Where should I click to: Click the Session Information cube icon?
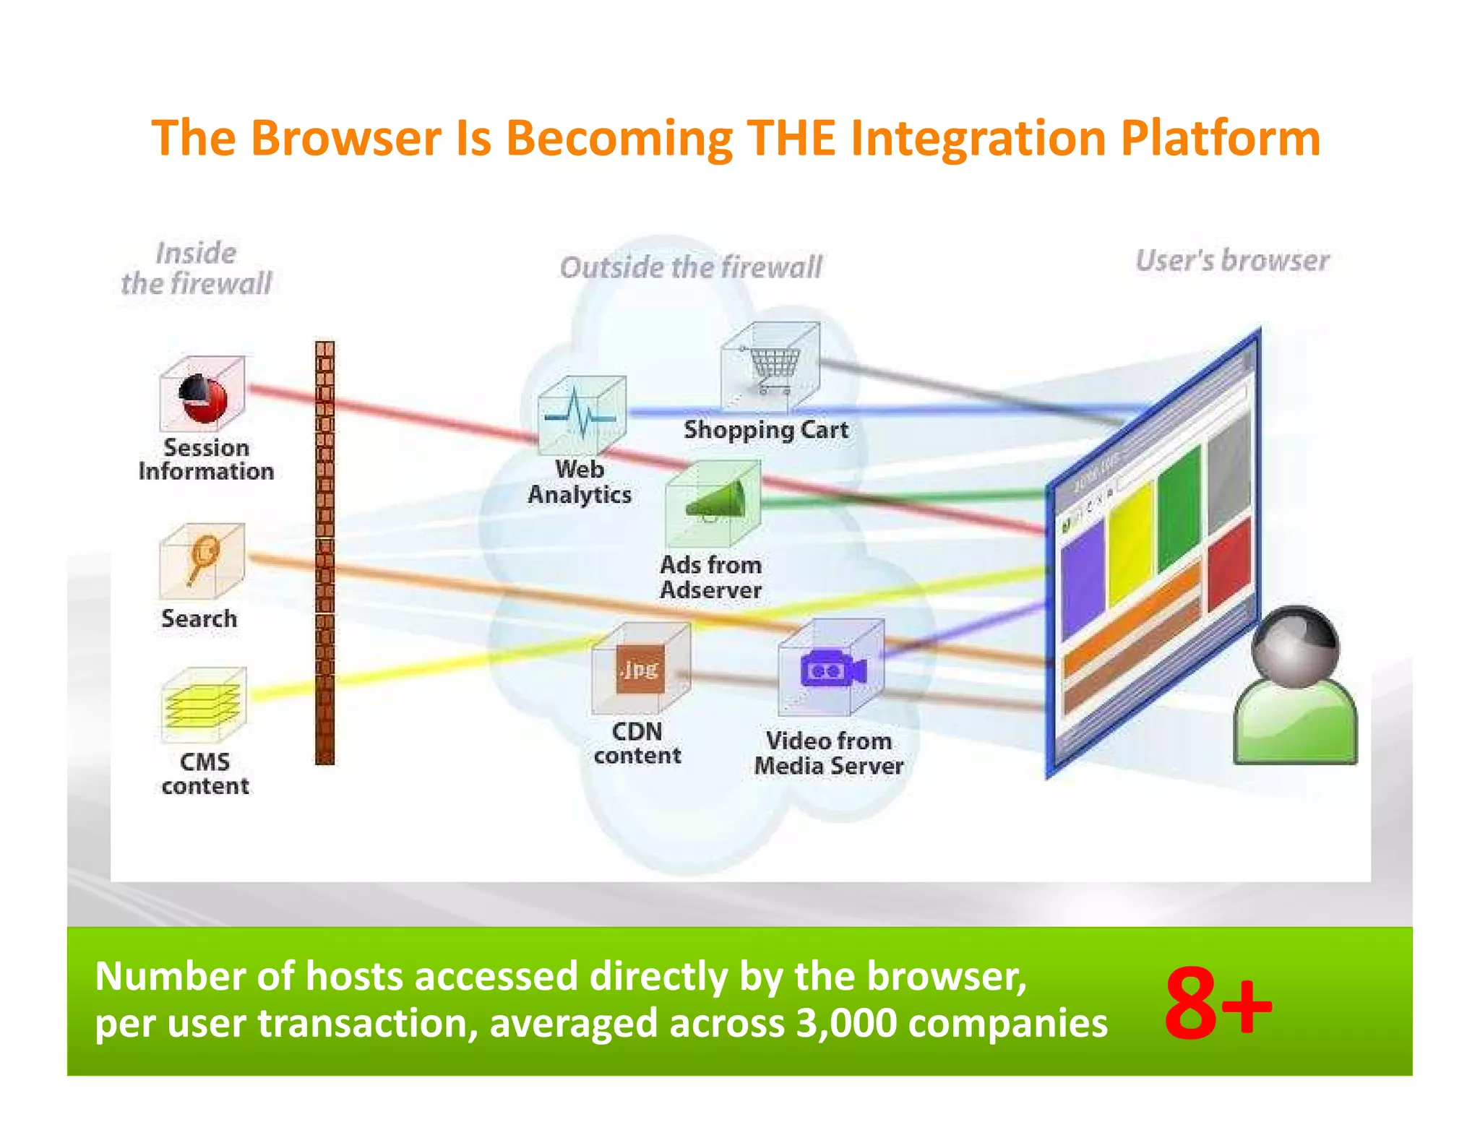202,394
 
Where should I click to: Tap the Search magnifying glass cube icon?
202,561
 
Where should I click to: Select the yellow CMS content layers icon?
202,704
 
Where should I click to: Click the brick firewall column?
325,553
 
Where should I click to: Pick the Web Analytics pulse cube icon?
582,415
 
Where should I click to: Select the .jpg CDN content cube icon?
640,669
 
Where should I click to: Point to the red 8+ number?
1218,1004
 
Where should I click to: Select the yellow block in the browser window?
1130,542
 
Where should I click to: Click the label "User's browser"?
1232,261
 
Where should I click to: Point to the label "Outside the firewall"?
691,267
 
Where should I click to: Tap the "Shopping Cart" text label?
766,430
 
